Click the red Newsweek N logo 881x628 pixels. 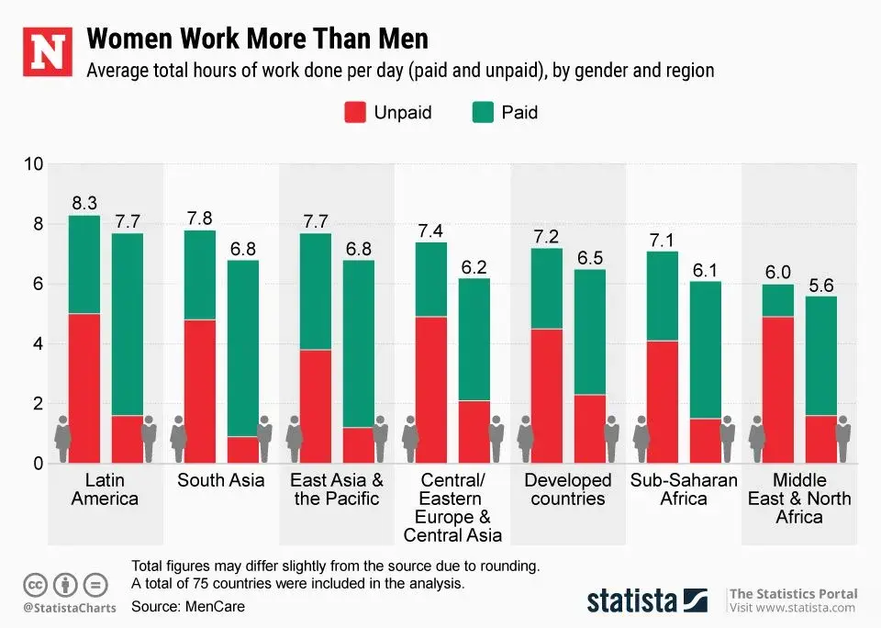(46, 52)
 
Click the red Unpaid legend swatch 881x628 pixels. (355, 113)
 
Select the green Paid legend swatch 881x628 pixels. (483, 113)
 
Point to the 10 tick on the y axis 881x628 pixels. (34, 165)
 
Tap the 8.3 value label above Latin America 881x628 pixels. (84, 203)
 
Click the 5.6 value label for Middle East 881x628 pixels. (821, 286)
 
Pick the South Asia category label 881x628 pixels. (220, 480)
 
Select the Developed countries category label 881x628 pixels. (567, 489)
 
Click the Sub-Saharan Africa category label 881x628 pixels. (683, 489)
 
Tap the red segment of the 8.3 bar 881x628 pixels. (84, 388)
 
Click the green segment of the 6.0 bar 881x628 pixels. (778, 300)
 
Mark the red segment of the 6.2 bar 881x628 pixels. (474, 432)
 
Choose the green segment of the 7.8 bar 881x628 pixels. (200, 275)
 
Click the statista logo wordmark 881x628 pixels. (632, 601)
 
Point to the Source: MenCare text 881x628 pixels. (188, 607)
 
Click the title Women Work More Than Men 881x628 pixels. (257, 40)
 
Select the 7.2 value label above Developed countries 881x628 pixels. (547, 237)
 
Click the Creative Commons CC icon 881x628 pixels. (36, 584)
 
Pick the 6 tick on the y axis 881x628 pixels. (39, 285)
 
